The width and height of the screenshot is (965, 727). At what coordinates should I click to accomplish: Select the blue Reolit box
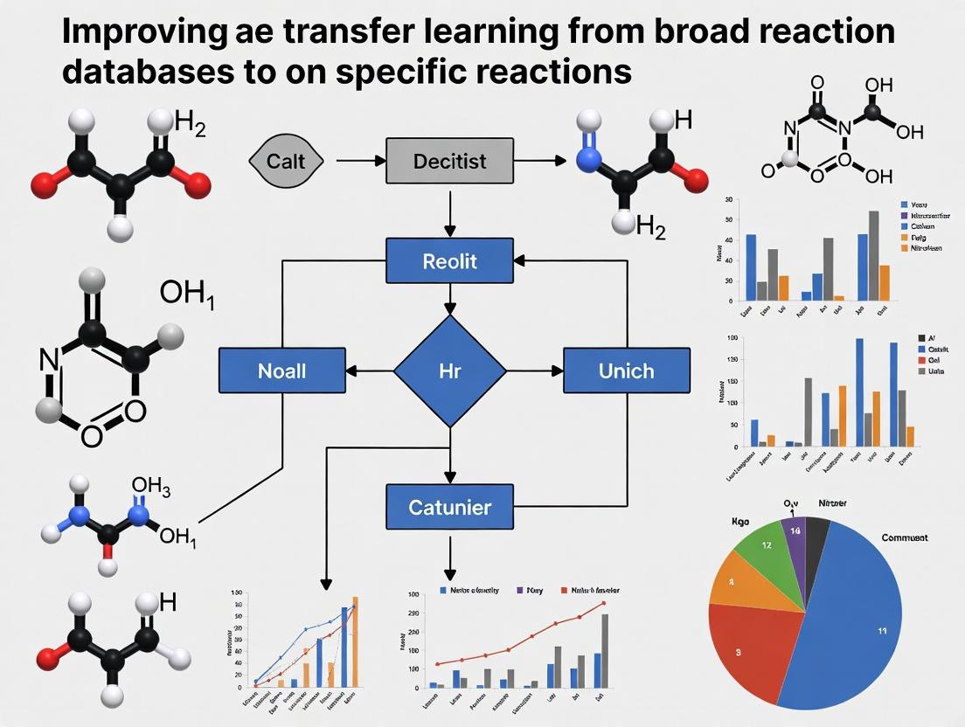(449, 260)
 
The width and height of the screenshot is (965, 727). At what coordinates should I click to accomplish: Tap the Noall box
(281, 370)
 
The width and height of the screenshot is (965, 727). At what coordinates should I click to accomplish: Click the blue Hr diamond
(449, 370)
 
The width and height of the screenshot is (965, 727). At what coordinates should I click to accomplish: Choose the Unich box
(626, 370)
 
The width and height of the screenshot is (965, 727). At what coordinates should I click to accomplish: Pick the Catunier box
(449, 507)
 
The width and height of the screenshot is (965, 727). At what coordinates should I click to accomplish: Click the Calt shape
(287, 161)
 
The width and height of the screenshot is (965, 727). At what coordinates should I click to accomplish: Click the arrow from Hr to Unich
(534, 370)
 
